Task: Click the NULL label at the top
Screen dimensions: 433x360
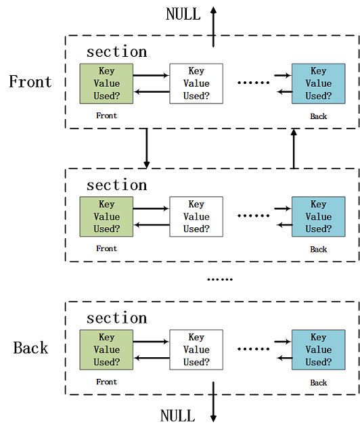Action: tap(183, 14)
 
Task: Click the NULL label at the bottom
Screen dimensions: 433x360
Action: tap(177, 415)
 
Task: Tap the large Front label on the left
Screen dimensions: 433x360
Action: tap(30, 82)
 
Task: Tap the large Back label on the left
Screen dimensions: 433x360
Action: tap(30, 348)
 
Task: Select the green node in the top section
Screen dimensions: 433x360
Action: tap(106, 83)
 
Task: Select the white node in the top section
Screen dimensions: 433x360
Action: tap(196, 83)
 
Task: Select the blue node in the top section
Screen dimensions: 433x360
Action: tap(318, 83)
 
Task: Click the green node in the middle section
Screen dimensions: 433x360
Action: tap(106, 216)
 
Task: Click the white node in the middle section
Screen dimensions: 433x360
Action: tap(196, 216)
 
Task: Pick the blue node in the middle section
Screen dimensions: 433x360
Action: tap(318, 216)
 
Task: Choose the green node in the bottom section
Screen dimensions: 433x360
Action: tap(106, 350)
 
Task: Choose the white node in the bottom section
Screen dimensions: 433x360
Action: tap(196, 350)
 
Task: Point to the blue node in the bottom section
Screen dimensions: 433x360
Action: tap(318, 350)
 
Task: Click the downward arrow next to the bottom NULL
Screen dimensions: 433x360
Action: tap(213, 403)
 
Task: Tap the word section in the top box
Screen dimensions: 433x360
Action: tap(116, 52)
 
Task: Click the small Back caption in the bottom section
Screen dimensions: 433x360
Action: tap(318, 383)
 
